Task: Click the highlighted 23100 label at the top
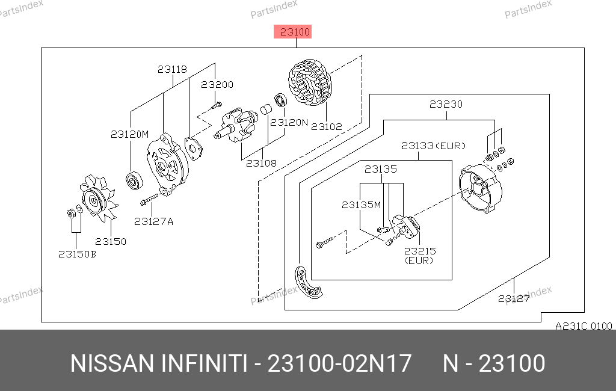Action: [x=293, y=31]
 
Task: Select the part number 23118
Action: [x=172, y=70]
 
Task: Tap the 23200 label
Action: [x=217, y=85]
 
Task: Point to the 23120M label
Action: [x=129, y=134]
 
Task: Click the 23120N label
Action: [x=289, y=122]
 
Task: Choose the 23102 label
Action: [x=326, y=127]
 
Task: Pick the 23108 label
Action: [x=260, y=163]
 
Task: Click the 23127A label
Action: [x=153, y=221]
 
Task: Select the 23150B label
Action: [x=77, y=254]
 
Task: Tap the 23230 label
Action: [x=446, y=104]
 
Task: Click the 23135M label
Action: [x=362, y=205]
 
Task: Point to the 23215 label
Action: [x=420, y=251]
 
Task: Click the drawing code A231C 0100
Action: [x=583, y=326]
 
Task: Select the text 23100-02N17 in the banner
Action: [x=339, y=364]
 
